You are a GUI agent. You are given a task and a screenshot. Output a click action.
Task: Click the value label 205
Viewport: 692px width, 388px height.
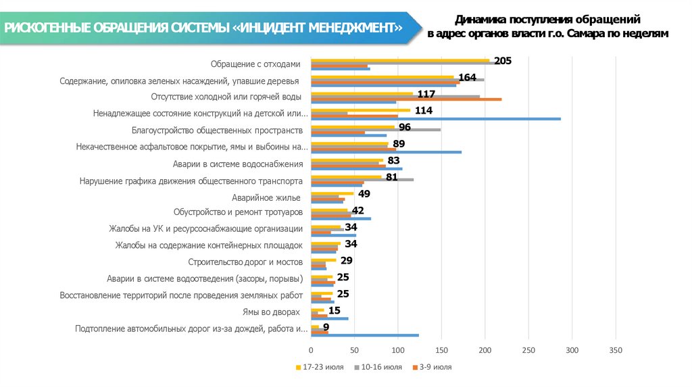coord(503,61)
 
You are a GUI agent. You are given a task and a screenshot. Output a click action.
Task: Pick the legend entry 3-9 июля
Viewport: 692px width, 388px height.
coord(435,367)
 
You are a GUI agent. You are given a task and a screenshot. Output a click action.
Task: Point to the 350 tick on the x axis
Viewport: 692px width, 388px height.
coord(616,350)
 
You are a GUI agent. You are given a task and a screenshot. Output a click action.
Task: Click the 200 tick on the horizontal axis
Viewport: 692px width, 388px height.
coord(485,350)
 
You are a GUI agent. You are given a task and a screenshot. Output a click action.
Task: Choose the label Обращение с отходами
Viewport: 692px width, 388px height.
coord(254,64)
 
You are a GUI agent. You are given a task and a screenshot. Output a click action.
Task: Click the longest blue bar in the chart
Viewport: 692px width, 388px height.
coord(436,119)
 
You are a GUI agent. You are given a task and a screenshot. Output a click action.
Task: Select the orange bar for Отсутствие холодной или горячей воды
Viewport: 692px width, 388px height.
coord(406,99)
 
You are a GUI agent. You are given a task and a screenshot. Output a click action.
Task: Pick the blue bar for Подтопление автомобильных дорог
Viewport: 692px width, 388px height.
coord(365,335)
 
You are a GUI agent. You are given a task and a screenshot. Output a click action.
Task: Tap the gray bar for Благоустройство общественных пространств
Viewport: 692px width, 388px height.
coord(375,129)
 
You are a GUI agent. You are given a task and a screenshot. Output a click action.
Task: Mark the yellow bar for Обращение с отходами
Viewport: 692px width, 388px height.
coord(400,60)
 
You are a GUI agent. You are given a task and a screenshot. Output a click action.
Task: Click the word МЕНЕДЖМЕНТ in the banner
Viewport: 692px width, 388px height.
coord(354,28)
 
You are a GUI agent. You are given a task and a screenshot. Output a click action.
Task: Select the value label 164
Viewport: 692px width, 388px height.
coord(468,77)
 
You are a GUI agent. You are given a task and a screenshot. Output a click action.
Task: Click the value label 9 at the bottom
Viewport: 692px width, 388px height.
coord(326,327)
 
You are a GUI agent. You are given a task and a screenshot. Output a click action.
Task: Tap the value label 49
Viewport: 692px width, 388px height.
coord(364,193)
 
